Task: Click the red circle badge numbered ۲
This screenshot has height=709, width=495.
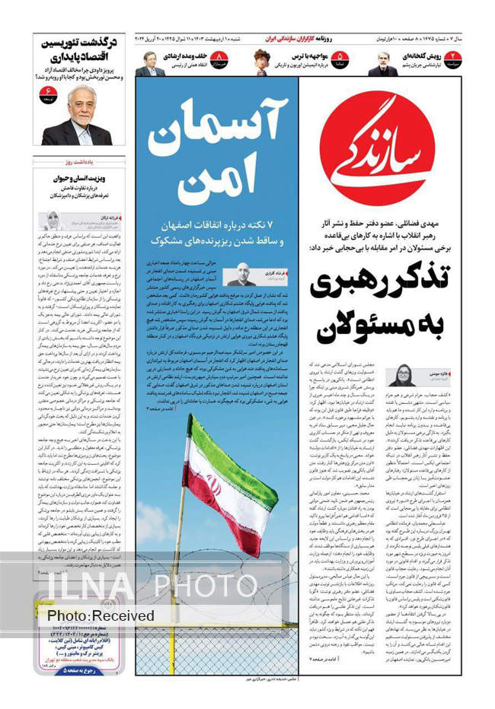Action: pos(455,59)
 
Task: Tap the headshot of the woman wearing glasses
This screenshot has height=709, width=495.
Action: pos(402,376)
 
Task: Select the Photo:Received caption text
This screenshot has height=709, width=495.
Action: pos(100,615)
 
